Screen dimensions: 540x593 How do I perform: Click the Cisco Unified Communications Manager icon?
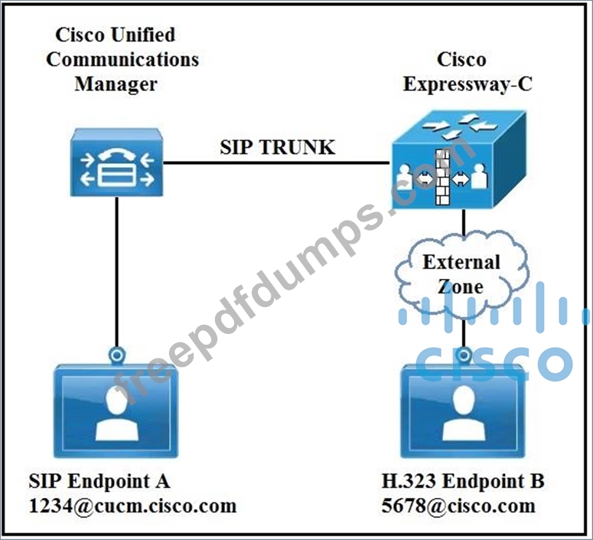tap(116, 162)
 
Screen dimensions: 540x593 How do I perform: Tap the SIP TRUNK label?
tap(277, 147)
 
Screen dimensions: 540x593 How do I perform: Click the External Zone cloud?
tap(462, 274)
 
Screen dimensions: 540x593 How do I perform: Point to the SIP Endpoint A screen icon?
tap(117, 410)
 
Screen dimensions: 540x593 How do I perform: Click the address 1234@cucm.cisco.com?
tap(132, 506)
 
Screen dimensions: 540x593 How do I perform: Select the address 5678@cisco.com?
tap(458, 506)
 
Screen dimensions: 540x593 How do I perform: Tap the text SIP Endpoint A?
tap(99, 481)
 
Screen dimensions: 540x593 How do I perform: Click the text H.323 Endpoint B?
tap(463, 481)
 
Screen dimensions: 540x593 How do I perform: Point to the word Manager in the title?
tap(116, 83)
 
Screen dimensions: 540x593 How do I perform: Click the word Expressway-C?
tap(468, 83)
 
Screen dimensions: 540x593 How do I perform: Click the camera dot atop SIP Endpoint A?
tap(117, 355)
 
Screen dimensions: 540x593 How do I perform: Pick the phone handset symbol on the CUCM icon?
tap(116, 152)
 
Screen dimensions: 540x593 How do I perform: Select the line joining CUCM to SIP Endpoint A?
tap(117, 268)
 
